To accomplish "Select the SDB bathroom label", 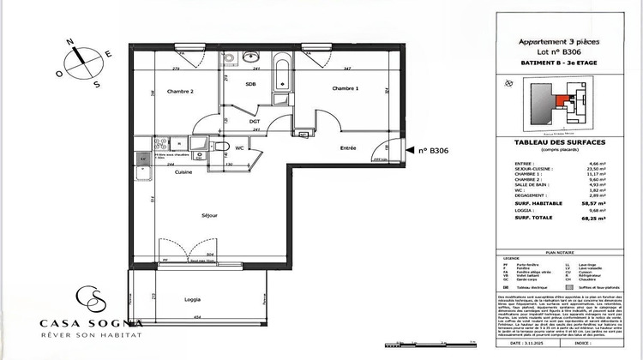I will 251,84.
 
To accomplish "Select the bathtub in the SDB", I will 282,77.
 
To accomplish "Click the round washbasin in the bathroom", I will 251,57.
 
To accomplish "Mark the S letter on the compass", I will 97,84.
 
